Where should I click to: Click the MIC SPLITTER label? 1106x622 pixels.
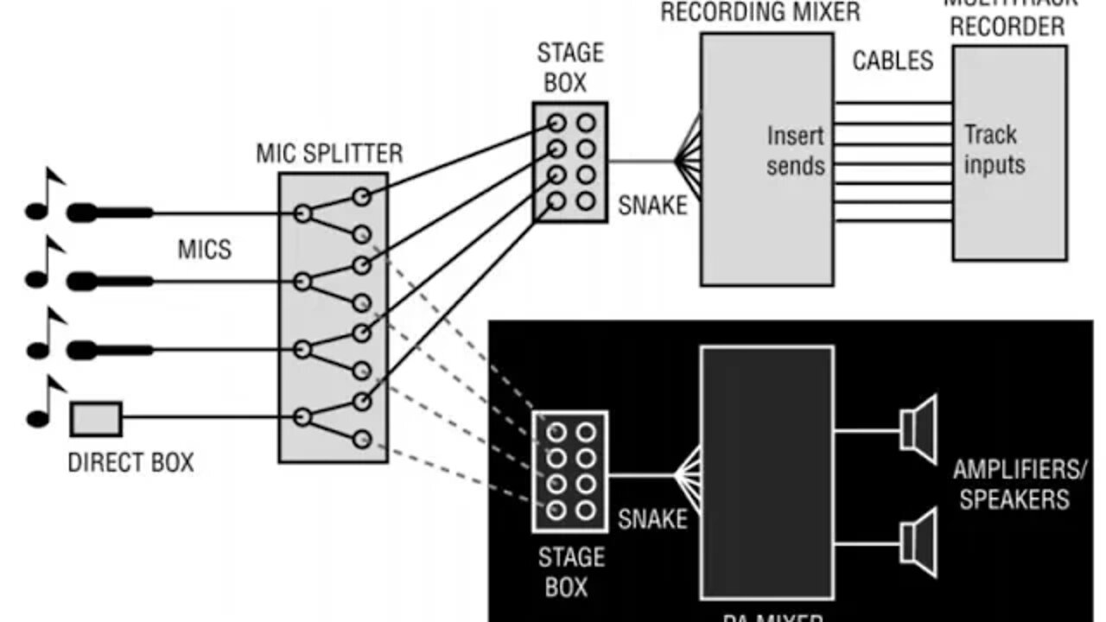point(329,154)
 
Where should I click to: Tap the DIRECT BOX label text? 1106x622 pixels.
point(130,462)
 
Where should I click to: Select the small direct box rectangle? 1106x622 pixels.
point(95,419)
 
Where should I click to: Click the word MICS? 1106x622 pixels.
point(205,251)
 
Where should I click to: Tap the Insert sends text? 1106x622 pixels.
point(795,150)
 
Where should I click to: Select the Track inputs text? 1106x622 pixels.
point(994,149)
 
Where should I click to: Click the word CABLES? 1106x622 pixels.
point(893,60)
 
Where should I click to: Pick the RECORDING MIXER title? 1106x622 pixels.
point(760,12)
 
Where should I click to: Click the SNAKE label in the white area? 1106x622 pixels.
point(653,206)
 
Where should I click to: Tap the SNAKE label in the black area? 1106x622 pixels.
point(653,518)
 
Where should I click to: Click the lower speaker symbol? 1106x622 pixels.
point(918,543)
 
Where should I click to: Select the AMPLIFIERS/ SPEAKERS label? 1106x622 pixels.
point(1020,485)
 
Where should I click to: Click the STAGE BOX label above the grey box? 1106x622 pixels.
point(570,67)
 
